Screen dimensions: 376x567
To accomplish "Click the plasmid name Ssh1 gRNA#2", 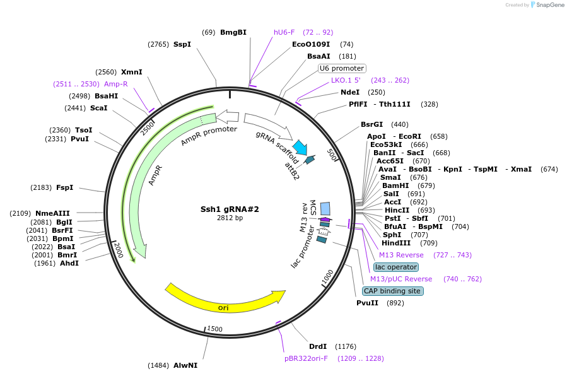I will (230, 209).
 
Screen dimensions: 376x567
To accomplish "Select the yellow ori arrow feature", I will (224, 302).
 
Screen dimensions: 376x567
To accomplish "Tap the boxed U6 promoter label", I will (342, 68).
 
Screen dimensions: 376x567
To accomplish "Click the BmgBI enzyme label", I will (233, 32).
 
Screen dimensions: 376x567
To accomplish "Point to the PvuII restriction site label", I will (367, 303).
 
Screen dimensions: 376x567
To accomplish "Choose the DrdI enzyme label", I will (318, 346).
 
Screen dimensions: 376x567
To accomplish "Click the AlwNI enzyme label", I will (185, 365).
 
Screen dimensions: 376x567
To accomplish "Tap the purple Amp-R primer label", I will (116, 84).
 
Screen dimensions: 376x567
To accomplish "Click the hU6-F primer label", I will (284, 32).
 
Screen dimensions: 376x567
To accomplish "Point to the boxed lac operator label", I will (396, 267).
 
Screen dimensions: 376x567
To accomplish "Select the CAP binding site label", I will (393, 291).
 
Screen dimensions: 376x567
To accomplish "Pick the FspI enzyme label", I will (65, 187).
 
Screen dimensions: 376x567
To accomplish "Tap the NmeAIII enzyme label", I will (53, 213).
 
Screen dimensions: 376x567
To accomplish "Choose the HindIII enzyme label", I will (396, 243).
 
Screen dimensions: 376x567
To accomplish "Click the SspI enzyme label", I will (182, 44).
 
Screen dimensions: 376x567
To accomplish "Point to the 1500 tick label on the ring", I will (215, 329).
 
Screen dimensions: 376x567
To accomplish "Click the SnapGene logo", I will (547, 5).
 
